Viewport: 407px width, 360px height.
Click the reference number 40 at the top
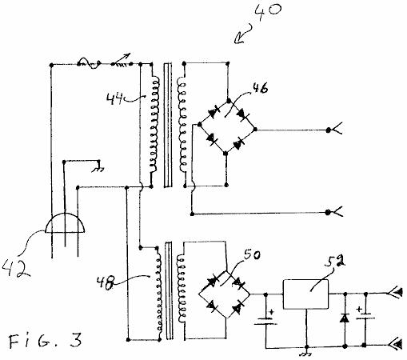point(267,12)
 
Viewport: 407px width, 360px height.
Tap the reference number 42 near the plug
point(16,268)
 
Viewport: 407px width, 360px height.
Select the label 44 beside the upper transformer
point(115,99)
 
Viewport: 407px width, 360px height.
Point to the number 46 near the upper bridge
point(260,88)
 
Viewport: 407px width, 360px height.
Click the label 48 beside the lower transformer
point(106,283)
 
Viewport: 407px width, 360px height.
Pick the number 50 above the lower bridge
point(252,255)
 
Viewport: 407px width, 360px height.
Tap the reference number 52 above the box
point(335,261)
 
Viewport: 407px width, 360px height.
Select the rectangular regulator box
point(305,294)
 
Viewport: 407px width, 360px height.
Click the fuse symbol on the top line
point(90,63)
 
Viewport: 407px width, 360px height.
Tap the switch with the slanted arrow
point(122,61)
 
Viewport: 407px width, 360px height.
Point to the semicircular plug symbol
point(65,222)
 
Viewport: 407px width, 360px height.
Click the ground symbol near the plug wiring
point(98,169)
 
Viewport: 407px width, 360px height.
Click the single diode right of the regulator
point(345,318)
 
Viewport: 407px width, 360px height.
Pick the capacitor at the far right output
point(365,314)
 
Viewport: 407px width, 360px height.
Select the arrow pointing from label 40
point(242,34)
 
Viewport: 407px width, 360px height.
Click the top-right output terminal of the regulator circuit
point(394,293)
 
